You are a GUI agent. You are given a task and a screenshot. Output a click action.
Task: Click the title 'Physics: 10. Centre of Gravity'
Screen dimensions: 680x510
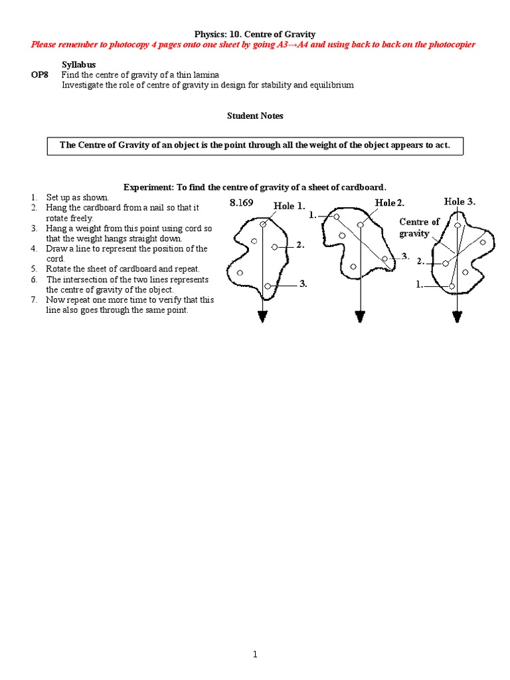254,33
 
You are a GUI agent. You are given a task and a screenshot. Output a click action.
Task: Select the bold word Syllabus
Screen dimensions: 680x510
78,64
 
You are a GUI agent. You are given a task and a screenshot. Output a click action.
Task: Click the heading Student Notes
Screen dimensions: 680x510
255,116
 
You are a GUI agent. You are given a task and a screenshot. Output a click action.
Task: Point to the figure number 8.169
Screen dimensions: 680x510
241,203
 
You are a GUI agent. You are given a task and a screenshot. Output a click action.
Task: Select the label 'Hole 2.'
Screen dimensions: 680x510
390,203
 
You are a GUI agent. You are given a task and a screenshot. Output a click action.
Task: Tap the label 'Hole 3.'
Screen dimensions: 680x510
460,201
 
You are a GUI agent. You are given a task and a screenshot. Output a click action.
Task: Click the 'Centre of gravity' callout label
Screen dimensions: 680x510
419,228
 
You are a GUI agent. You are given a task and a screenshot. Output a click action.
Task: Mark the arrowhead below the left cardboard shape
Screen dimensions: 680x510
262,317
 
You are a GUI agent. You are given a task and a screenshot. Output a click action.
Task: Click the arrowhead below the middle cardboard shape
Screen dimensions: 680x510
360,317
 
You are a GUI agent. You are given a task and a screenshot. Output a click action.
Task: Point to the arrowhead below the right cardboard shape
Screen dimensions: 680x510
457,317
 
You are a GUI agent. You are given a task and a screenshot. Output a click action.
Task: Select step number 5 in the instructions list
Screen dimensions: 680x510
33,269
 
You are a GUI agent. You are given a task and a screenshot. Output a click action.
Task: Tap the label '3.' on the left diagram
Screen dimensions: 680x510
303,284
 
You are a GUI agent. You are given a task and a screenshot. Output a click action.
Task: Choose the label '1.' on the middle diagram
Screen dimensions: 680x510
313,216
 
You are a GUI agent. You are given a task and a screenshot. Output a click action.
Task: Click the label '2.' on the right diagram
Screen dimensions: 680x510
420,262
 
